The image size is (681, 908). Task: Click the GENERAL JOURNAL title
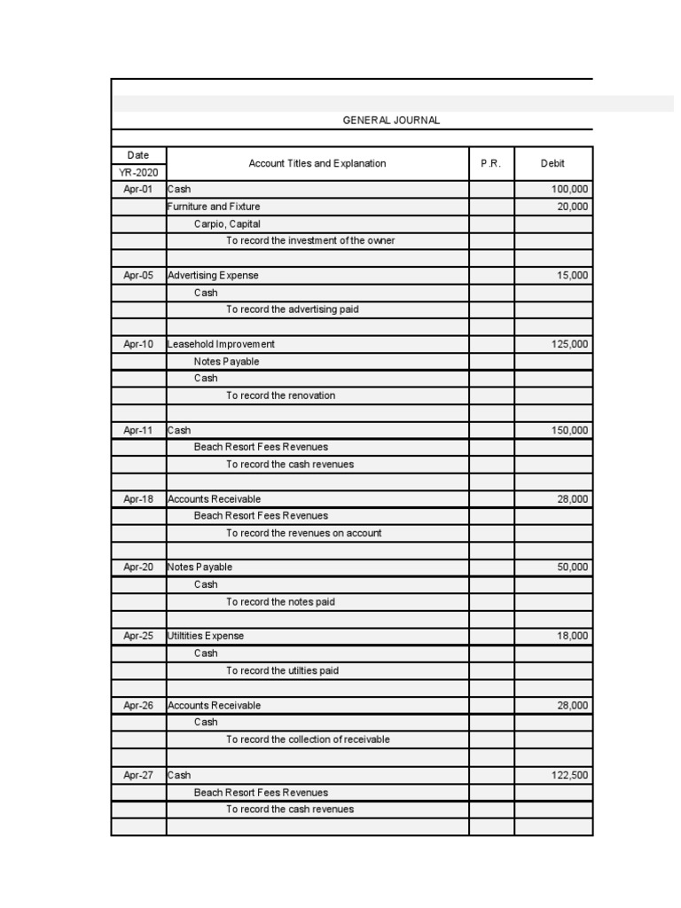pos(391,121)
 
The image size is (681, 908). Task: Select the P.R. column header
pos(491,163)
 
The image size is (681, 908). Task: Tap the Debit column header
pos(552,163)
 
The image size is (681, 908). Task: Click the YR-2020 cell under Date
pos(138,172)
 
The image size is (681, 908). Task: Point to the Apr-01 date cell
pos(138,189)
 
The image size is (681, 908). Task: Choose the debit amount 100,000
pos(569,189)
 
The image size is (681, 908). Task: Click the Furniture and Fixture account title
pos(214,207)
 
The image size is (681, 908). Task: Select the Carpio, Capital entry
pos(227,223)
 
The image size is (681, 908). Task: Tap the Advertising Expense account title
pos(213,275)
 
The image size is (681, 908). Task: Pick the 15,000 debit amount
pos(572,275)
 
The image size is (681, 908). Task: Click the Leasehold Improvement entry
pos(221,344)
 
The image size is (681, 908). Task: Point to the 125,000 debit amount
pos(569,344)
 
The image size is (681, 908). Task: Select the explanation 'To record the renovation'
pos(280,395)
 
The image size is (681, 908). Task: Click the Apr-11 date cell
pos(138,430)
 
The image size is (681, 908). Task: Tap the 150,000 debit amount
pos(569,430)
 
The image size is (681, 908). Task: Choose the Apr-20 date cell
pos(138,567)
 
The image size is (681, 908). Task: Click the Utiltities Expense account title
pos(206,636)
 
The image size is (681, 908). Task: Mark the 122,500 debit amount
pos(569,775)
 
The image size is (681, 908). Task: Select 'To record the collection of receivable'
pos(308,739)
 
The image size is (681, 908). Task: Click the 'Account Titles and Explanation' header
pos(317,163)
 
